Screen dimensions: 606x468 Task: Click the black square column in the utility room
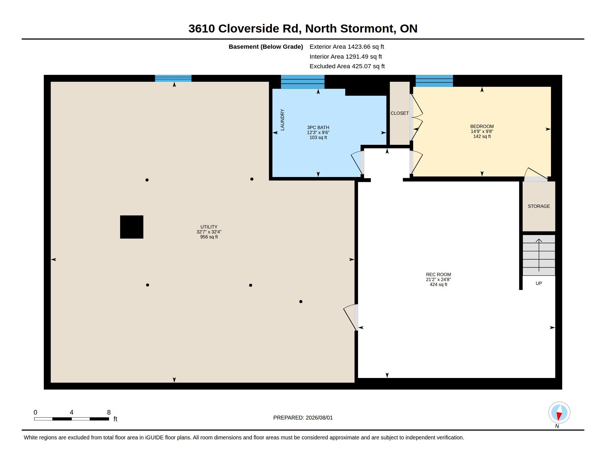click(131, 227)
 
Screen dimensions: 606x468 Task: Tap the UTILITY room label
click(209, 227)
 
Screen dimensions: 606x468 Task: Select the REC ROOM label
click(439, 274)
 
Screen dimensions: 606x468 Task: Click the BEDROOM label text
click(482, 126)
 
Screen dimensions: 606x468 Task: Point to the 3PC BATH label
click(318, 127)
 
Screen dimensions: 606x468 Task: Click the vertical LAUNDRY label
click(282, 120)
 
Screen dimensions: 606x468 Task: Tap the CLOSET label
click(400, 113)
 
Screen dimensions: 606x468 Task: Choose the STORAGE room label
click(539, 206)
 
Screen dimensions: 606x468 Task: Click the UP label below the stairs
click(539, 283)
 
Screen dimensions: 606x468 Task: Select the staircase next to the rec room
click(539, 255)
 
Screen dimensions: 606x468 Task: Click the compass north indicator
click(559, 413)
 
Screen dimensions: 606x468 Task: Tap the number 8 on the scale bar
click(109, 412)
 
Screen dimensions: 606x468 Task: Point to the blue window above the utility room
click(173, 78)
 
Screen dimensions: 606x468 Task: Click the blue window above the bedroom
click(434, 81)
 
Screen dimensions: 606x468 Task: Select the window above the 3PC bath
click(303, 82)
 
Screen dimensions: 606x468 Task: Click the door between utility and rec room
click(351, 317)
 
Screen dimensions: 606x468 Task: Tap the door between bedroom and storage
click(536, 175)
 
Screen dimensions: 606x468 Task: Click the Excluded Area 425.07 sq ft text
click(347, 66)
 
